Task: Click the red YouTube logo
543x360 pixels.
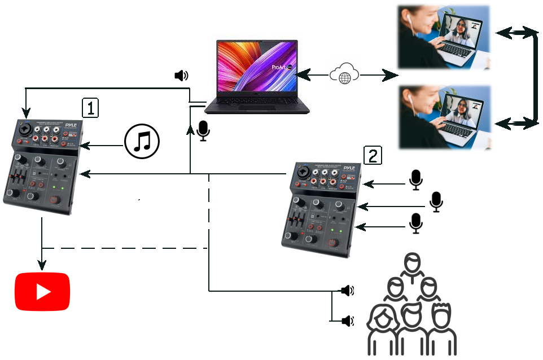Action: coord(42,292)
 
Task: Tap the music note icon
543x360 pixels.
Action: coord(142,140)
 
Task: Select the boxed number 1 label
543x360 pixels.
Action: coord(90,107)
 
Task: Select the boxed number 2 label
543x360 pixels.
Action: coord(373,155)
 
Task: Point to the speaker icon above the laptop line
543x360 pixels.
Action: coord(181,76)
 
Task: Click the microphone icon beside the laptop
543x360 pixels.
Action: coord(203,131)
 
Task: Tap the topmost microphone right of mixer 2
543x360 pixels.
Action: coord(416,179)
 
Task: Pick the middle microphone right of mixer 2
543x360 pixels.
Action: coord(436,201)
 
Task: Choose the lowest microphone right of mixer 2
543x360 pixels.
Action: coord(416,223)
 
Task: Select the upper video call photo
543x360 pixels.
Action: coord(443,37)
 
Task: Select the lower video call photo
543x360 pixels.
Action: coord(443,116)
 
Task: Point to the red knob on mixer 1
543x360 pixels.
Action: coord(55,200)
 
